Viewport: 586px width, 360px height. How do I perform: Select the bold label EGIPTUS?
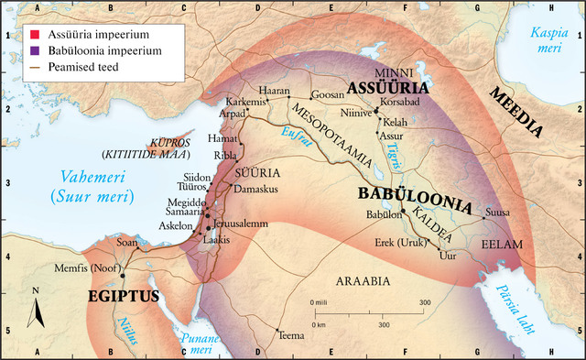(124, 296)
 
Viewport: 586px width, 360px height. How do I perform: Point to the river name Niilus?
(126, 331)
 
